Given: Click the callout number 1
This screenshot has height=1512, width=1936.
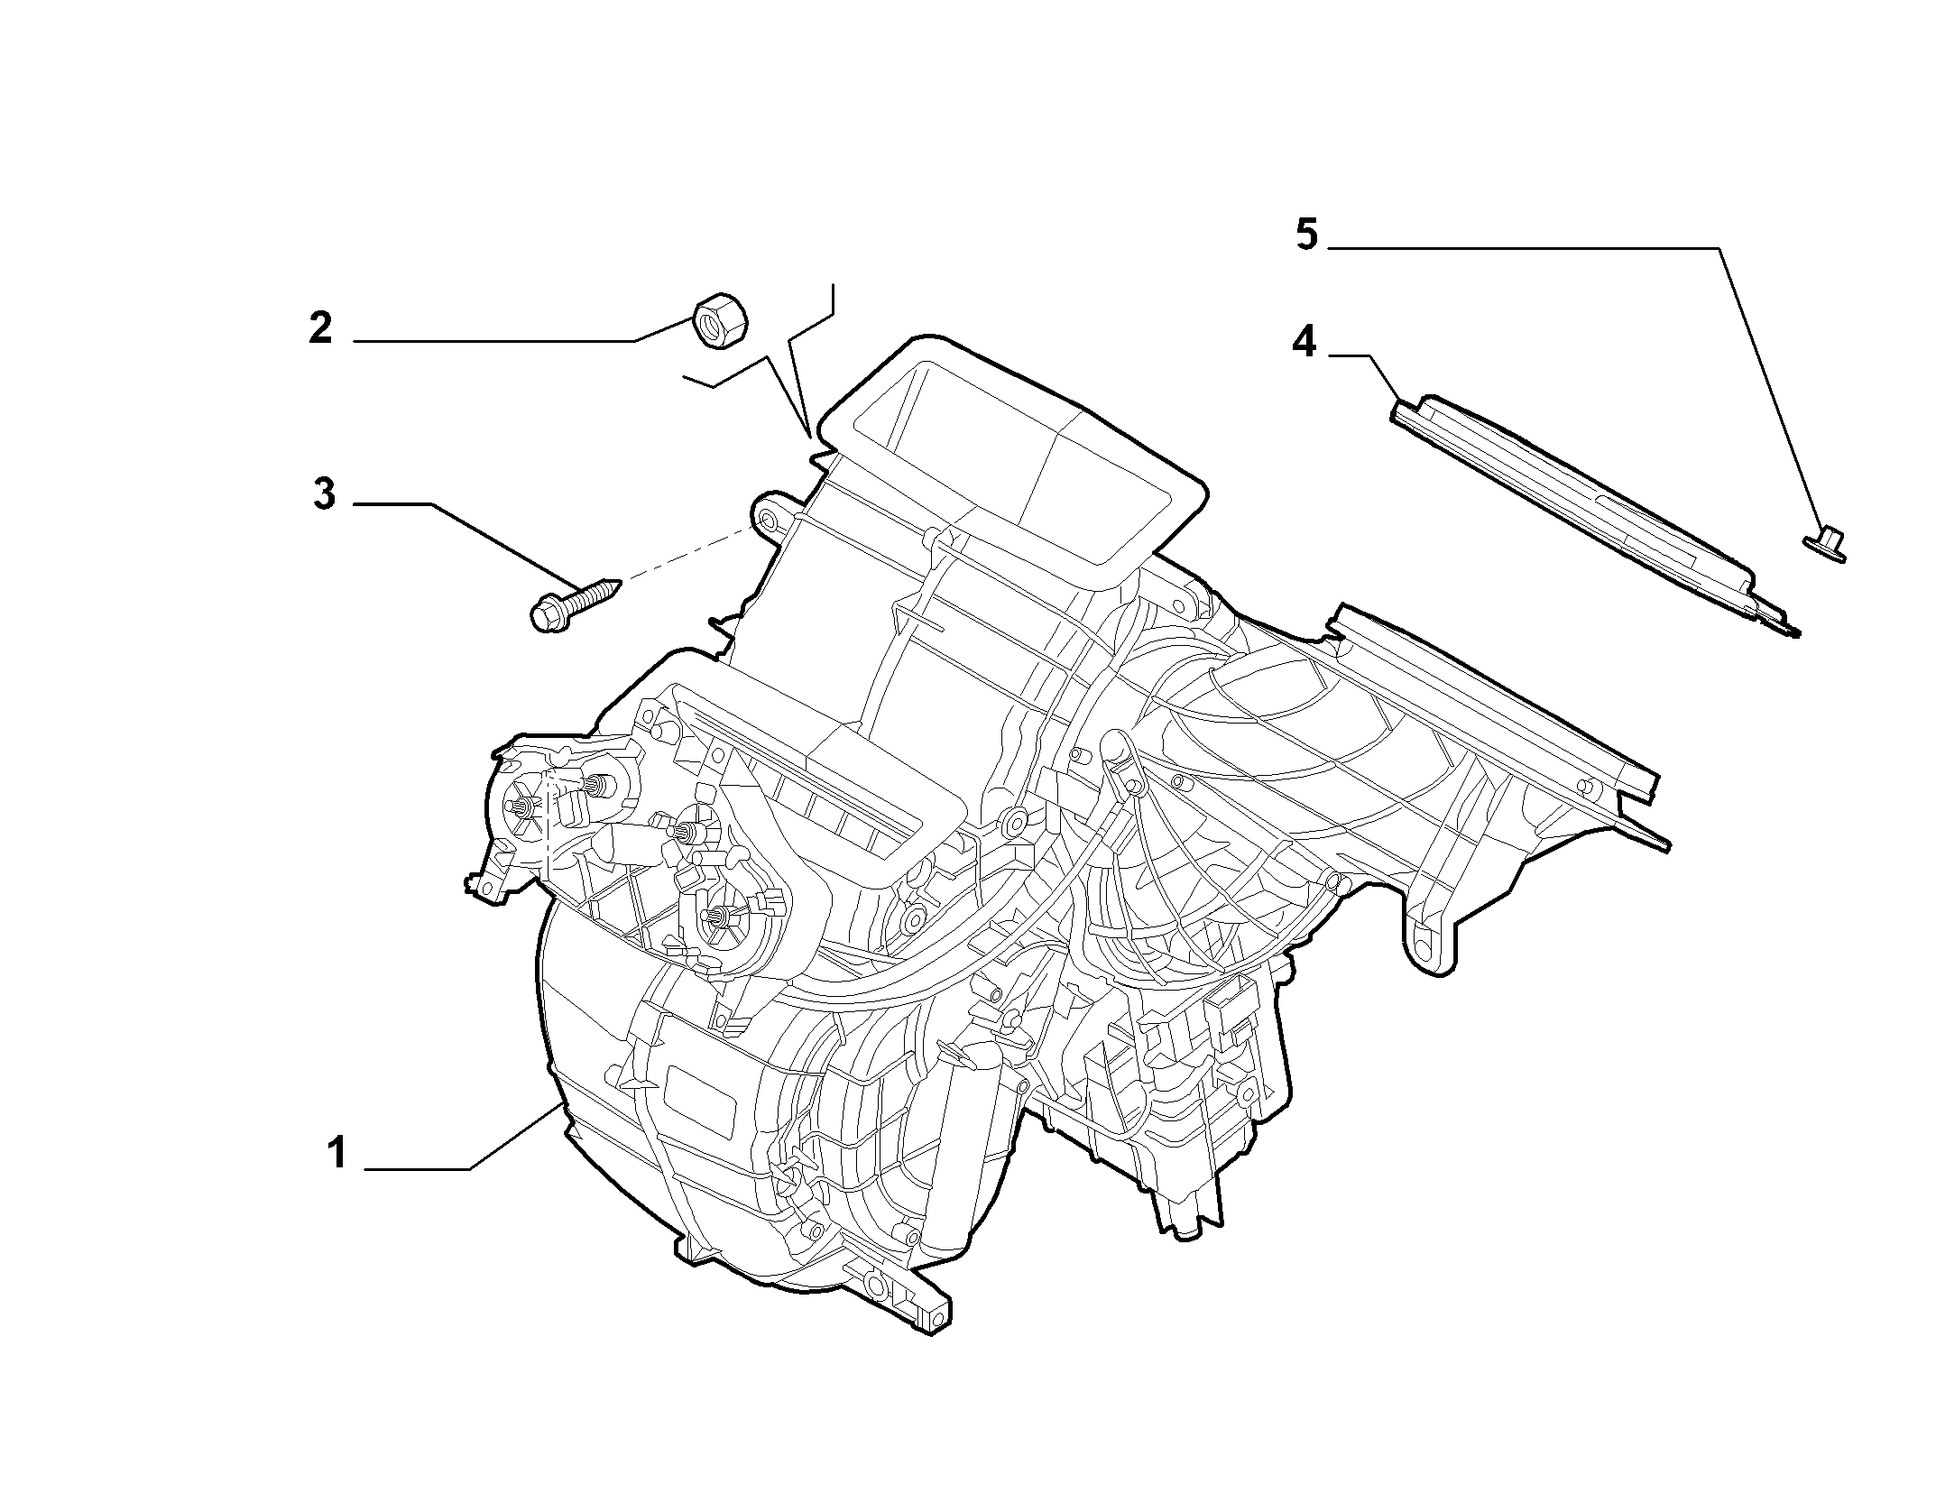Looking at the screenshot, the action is coord(337,1154).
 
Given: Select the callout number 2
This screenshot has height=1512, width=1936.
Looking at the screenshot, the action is coord(320,327).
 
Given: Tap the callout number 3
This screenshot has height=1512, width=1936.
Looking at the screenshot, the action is coord(324,494).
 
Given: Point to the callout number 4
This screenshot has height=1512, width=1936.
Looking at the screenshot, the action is coord(1304,342).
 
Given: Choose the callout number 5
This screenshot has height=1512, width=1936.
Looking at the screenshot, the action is coord(1307,235).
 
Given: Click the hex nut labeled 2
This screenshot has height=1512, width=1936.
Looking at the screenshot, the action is coord(723,321).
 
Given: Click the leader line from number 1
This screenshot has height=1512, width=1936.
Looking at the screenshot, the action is coord(466,1139).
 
